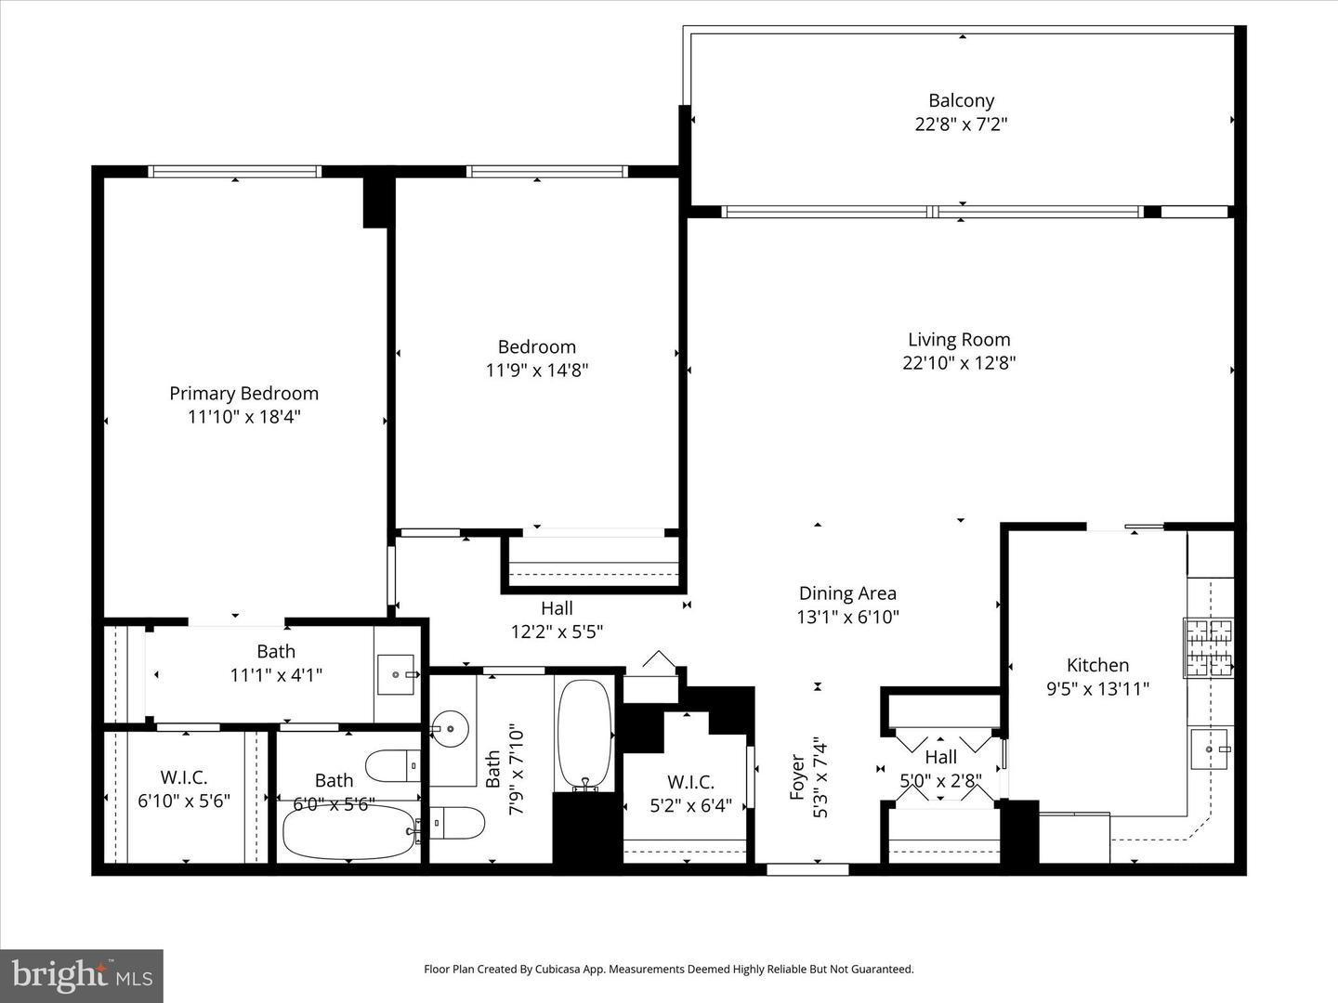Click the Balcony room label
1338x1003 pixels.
(961, 100)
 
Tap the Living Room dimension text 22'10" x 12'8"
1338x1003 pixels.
(959, 363)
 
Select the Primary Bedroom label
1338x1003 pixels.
(243, 394)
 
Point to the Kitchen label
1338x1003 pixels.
(1097, 665)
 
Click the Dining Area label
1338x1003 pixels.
(847, 593)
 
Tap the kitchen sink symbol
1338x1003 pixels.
(1211, 749)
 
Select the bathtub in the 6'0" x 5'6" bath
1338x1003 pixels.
(348, 832)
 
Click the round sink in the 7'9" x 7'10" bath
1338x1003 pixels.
(451, 723)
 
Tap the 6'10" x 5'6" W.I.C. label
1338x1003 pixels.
(184, 788)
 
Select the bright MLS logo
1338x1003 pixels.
(82, 975)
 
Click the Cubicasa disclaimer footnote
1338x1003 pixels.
(668, 969)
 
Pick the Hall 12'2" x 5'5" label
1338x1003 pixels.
(557, 619)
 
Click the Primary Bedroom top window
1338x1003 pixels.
(234, 172)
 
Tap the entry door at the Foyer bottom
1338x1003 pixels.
(807, 870)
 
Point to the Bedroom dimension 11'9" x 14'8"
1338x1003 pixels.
(536, 370)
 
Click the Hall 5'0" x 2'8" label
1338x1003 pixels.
(940, 769)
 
